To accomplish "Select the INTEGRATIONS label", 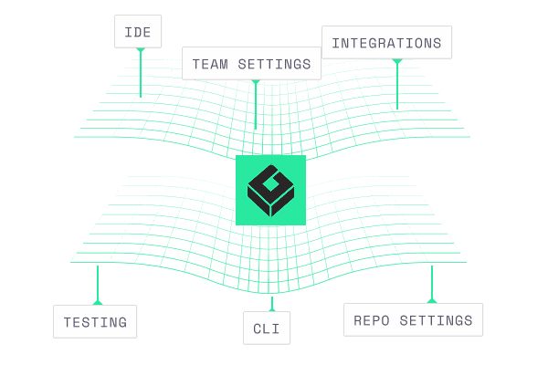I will (x=386, y=43).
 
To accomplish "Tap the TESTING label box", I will (x=95, y=321).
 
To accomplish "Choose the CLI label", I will (x=267, y=328).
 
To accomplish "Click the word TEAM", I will (x=210, y=65).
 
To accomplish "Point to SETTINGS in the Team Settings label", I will (x=277, y=65).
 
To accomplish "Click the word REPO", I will (x=371, y=320).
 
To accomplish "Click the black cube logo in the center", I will (x=270, y=190).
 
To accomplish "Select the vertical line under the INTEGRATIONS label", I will (x=397, y=87).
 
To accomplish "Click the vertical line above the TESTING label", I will (x=97, y=283).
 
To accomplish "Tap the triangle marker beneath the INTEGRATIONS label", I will (x=397, y=62).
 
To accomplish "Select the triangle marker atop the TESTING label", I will (x=97, y=301).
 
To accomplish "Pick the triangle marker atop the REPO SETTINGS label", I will (x=431, y=299).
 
